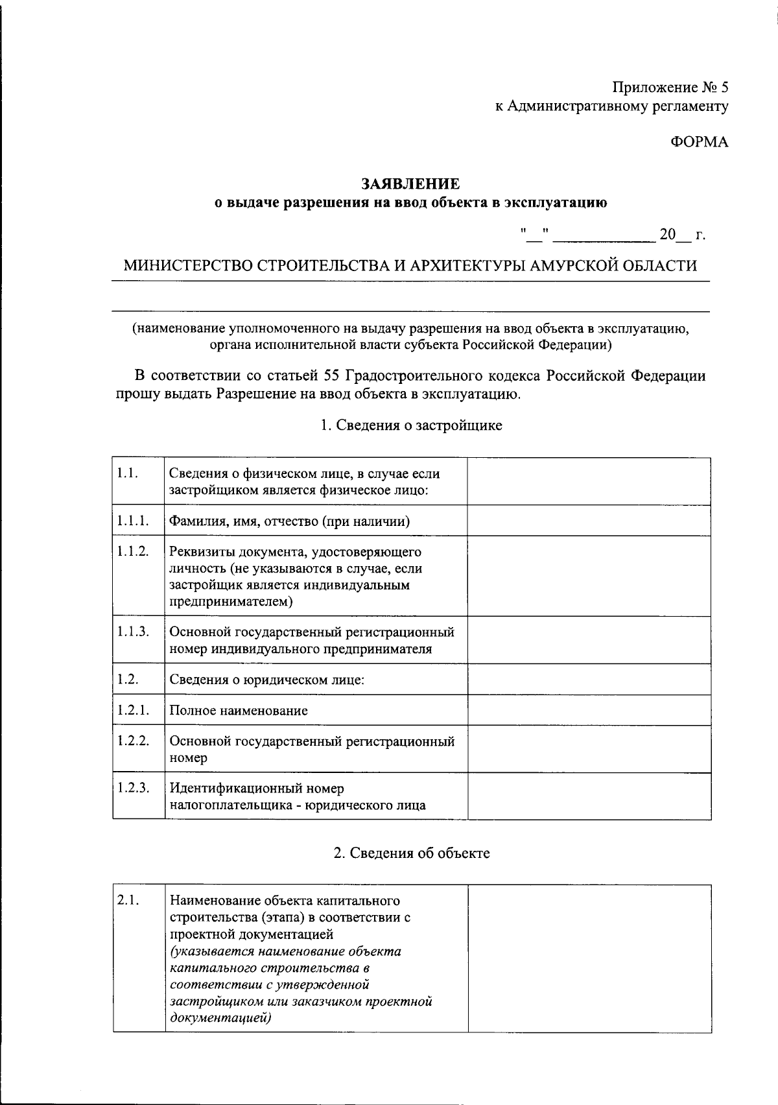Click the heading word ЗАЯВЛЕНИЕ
pyautogui.click(x=410, y=184)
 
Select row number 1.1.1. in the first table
pyautogui.click(x=133, y=521)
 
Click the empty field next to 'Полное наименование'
pyautogui.click(x=589, y=710)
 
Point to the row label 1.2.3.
pyautogui.click(x=133, y=788)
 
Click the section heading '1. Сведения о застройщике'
pyautogui.click(x=411, y=425)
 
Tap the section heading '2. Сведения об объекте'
pyautogui.click(x=411, y=853)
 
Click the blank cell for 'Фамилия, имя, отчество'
pyautogui.click(x=589, y=521)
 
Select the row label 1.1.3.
pyautogui.click(x=133, y=631)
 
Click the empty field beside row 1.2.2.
pyautogui.click(x=589, y=748)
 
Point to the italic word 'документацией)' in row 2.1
pyautogui.click(x=220, y=1018)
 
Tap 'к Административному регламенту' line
pyautogui.click(x=611, y=106)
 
